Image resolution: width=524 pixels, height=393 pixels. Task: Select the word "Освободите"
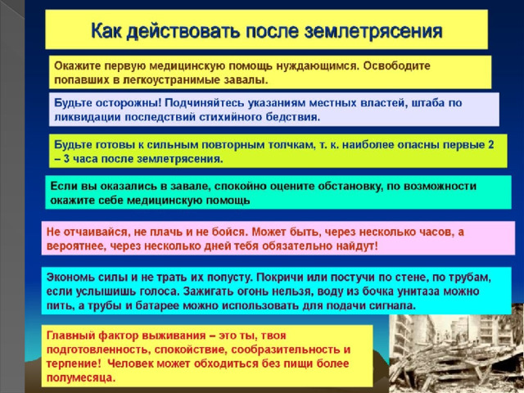click(396, 65)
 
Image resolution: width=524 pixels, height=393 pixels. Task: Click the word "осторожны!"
click(129, 103)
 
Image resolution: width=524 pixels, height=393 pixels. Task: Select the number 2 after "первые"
click(490, 145)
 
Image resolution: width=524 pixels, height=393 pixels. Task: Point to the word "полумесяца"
click(81, 378)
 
